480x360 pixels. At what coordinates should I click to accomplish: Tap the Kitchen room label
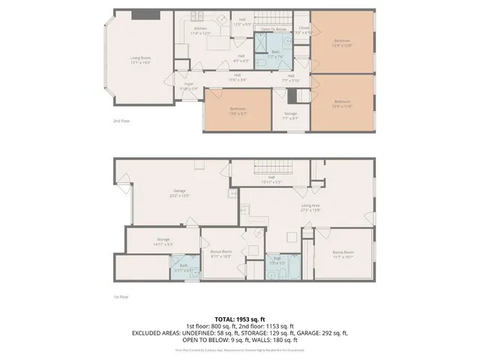pyautogui.click(x=200, y=31)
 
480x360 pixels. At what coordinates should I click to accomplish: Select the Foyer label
pyautogui.click(x=189, y=87)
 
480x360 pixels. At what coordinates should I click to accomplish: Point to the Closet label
pyautogui.click(x=304, y=30)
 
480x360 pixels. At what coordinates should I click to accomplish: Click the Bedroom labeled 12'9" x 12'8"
pyautogui.click(x=342, y=43)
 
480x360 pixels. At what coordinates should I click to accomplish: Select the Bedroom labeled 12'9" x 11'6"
pyautogui.click(x=342, y=103)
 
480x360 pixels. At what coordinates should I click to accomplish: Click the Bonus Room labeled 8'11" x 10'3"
pyautogui.click(x=220, y=253)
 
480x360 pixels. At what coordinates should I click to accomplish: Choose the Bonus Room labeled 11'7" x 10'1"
pyautogui.click(x=343, y=254)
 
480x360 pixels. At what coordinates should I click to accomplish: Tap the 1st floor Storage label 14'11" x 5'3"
pyautogui.click(x=143, y=241)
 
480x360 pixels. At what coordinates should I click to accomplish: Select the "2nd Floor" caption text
pyautogui.click(x=121, y=121)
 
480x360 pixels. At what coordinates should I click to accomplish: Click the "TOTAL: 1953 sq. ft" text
pyautogui.click(x=239, y=319)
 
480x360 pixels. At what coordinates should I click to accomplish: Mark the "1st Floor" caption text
pyautogui.click(x=121, y=296)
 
